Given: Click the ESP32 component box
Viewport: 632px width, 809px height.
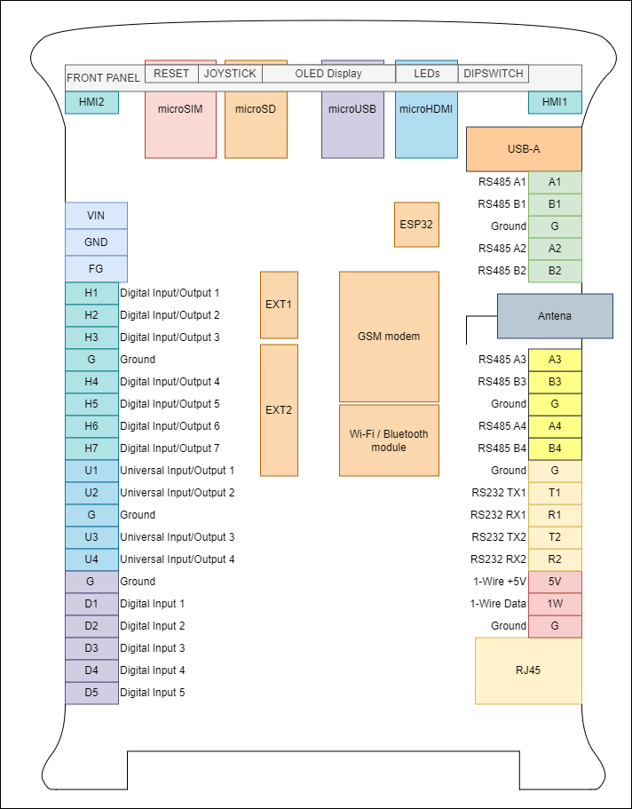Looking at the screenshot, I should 416,224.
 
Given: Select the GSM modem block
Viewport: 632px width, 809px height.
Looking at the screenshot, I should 389,337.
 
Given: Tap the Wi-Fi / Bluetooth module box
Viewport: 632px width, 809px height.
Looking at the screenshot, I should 389,440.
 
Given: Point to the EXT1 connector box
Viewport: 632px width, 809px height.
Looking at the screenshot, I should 279,305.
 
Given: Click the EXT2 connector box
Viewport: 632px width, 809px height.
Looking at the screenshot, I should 279,410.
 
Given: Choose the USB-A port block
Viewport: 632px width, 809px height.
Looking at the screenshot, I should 524,149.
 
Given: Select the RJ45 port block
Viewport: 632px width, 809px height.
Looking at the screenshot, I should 528,670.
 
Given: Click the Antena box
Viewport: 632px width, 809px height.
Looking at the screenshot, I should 555,316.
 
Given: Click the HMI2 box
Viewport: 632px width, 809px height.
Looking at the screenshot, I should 91,103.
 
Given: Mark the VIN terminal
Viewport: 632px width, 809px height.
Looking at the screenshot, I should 96,216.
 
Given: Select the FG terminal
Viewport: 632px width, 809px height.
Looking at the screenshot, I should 96,268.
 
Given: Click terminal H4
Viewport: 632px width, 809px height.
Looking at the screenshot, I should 91,382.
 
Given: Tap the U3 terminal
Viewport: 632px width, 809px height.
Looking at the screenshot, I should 91,537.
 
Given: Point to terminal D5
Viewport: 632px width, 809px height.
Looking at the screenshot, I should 91,693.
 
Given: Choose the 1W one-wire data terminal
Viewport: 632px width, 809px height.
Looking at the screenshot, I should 555,604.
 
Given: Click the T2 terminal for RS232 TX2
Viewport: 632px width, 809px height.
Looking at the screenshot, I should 555,537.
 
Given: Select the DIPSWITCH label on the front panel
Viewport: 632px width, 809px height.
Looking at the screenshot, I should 494,74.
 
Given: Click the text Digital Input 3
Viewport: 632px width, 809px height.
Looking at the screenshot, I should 152,648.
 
